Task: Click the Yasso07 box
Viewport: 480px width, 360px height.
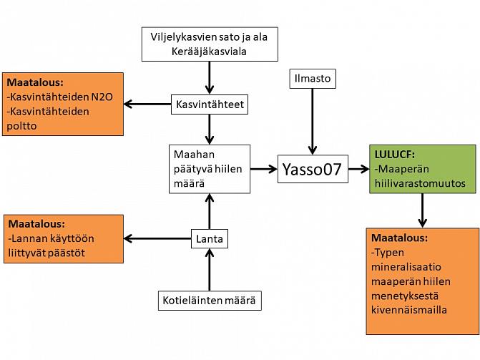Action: coord(313,170)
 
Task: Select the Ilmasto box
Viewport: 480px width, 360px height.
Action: coord(313,79)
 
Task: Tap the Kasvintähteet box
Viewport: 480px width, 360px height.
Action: coord(210,104)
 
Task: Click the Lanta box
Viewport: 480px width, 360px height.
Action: coord(210,239)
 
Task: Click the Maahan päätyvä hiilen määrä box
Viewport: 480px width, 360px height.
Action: coord(210,169)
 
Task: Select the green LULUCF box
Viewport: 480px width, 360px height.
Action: coord(422,170)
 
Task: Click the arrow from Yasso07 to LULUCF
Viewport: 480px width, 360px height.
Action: coord(357,170)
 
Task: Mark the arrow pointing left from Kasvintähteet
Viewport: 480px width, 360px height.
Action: coord(147,104)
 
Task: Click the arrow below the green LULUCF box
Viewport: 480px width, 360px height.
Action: coord(422,210)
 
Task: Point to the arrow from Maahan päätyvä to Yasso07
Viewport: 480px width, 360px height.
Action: coord(264,170)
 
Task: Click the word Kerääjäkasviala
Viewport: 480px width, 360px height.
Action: coord(210,52)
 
